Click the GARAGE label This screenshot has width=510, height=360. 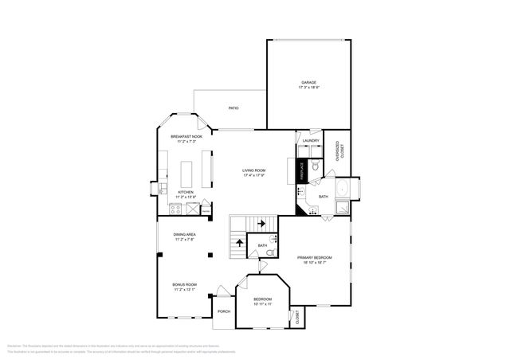(x=309, y=82)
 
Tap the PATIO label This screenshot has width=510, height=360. (x=233, y=108)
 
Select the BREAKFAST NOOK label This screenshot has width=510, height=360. (x=186, y=137)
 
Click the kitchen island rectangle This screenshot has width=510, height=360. (x=188, y=174)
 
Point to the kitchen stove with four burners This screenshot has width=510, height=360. (x=175, y=209)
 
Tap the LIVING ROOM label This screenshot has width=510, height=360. (x=254, y=170)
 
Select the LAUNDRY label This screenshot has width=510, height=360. (x=311, y=141)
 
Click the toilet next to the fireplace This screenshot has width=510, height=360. (x=316, y=167)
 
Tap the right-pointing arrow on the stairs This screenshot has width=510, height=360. (x=261, y=223)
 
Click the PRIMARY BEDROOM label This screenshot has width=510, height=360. (x=315, y=258)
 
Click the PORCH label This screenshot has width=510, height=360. (x=224, y=311)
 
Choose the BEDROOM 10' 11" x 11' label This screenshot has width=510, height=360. (x=262, y=302)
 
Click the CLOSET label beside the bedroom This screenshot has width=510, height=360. (x=297, y=318)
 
